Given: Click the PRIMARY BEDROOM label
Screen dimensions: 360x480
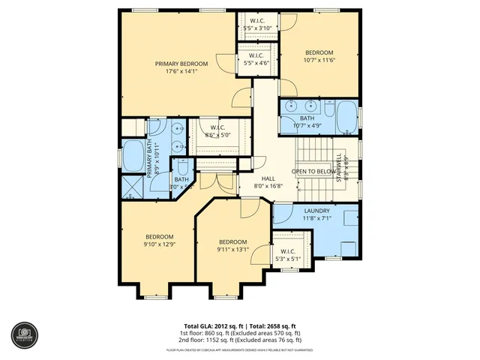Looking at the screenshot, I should point(181,64).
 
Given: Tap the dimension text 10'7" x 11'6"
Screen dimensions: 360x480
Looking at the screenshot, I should point(318,60).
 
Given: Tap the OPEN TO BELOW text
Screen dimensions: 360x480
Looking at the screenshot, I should point(313,171).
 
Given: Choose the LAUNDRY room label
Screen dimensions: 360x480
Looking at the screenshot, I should point(317,211).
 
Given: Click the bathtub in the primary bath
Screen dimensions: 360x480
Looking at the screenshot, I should point(134,155).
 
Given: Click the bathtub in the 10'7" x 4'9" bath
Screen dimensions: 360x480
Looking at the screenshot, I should point(346,115).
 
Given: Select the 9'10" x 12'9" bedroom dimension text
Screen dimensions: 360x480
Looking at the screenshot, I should point(160,244).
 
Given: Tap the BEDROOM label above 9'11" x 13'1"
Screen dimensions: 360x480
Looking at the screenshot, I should point(232,241).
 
